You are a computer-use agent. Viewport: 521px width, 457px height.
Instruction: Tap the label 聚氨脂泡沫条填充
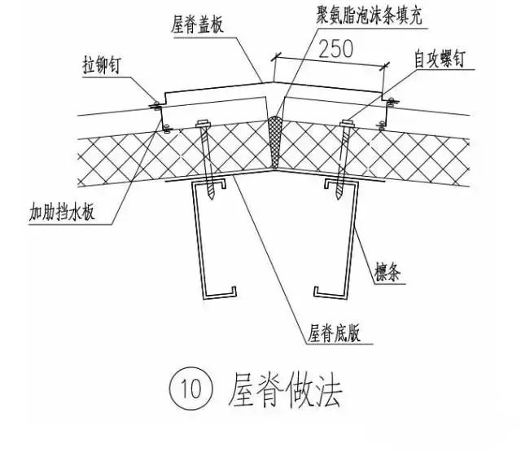pyautogui.click(x=369, y=15)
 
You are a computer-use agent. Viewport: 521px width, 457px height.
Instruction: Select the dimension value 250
pyautogui.click(x=336, y=49)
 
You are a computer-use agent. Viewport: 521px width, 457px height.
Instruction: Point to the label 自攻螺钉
pyautogui.click(x=440, y=59)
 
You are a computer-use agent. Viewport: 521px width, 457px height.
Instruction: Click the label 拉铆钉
pyautogui.click(x=101, y=65)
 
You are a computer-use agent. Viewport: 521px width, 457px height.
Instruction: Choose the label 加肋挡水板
pyautogui.click(x=62, y=212)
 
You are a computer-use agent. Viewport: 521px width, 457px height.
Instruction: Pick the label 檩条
pyautogui.click(x=387, y=272)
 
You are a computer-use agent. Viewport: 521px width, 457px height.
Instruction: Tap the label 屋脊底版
pyautogui.click(x=334, y=333)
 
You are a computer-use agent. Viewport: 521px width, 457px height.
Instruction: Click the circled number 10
pyautogui.click(x=190, y=389)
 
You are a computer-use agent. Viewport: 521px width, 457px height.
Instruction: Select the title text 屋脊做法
pyautogui.click(x=285, y=390)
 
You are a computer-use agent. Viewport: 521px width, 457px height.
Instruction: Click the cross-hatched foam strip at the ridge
pyautogui.click(x=275, y=143)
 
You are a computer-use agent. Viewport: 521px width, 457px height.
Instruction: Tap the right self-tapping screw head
pyautogui.click(x=346, y=123)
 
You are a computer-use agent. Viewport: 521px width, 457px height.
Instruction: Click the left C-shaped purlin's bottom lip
pyautogui.click(x=220, y=293)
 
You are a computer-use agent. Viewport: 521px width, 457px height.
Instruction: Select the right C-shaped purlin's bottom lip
pyautogui.click(x=330, y=292)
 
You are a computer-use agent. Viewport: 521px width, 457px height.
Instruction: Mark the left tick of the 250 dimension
pyautogui.click(x=276, y=57)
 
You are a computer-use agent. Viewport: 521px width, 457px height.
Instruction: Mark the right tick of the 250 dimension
pyautogui.click(x=385, y=67)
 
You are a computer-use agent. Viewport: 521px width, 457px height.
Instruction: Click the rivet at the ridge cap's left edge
pyautogui.click(x=155, y=105)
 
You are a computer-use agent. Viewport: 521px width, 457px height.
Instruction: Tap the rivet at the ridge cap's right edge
pyautogui.click(x=392, y=101)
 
